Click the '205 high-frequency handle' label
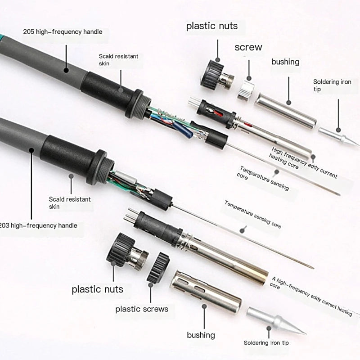pyautogui.click(x=63, y=31)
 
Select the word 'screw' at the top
pyautogui.click(x=248, y=47)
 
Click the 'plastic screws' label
pyautogui.click(x=142, y=309)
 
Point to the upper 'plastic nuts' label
pyautogui.click(x=212, y=26)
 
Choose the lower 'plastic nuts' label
pyautogui.click(x=97, y=288)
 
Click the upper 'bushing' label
pyautogui.click(x=285, y=62)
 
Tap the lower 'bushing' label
pyautogui.click(x=201, y=335)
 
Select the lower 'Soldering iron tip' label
pyautogui.click(x=266, y=343)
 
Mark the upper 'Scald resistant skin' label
pyautogui.click(x=118, y=60)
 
